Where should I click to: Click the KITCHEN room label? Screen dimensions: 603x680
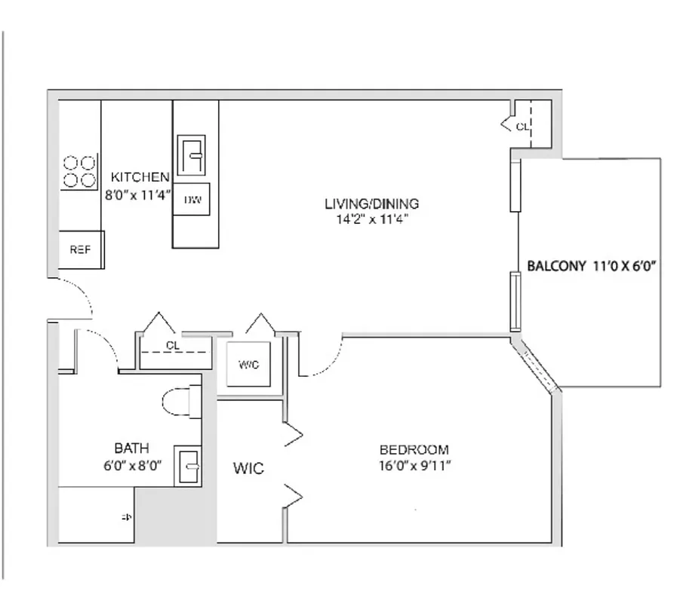click(140, 177)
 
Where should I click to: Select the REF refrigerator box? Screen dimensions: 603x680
click(81, 249)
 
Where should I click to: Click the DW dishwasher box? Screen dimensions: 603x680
click(192, 200)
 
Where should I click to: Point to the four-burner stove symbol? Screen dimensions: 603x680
click(79, 171)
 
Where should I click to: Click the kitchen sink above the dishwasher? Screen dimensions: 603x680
click(192, 155)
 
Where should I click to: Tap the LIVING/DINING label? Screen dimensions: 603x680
click(371, 204)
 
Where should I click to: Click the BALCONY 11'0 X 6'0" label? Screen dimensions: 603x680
click(593, 265)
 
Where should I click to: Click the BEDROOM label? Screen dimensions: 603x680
click(414, 450)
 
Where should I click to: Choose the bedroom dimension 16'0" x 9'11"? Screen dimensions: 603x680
click(414, 465)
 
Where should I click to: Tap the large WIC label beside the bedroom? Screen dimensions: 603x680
click(248, 469)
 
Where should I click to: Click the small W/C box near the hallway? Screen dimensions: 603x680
click(248, 365)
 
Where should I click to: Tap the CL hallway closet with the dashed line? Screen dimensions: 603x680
click(173, 346)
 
